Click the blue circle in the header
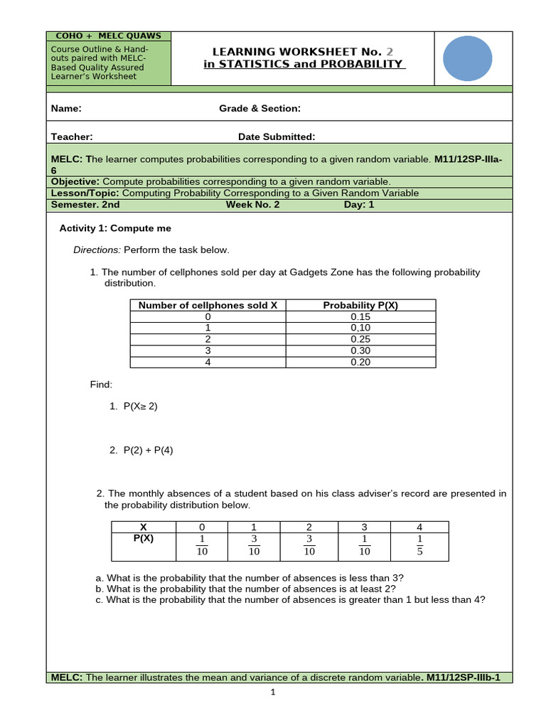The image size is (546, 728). point(467,58)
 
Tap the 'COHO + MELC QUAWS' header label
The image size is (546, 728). point(109,36)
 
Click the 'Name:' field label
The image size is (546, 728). point(66,109)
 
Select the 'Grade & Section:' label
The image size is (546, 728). point(259,109)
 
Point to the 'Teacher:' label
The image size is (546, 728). point(72,137)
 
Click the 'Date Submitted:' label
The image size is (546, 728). point(277,137)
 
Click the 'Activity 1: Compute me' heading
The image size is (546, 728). point(115,228)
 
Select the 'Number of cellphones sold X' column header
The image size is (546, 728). point(208,305)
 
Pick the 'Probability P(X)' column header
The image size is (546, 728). point(360,305)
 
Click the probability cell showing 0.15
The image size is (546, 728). point(360,316)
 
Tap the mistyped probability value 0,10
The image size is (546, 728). point(360,328)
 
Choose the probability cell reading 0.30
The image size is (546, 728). point(360,350)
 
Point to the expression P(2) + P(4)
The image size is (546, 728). point(148,450)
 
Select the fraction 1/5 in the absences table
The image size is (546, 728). point(419,545)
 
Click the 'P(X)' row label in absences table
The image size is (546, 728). point(144,538)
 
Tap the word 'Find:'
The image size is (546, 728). point(101,385)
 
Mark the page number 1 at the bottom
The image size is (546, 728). point(273,695)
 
